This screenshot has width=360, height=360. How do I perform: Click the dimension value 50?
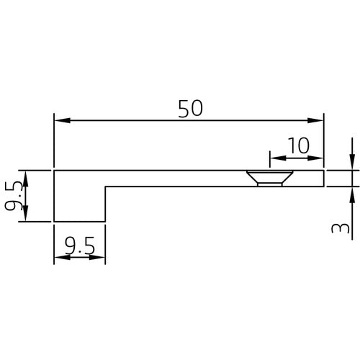tap(189, 107)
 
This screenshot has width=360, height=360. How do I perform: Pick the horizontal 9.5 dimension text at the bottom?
tap(79, 248)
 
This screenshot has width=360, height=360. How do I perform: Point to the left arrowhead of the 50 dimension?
tap(60, 120)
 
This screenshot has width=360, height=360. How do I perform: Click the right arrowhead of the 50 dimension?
tap(318, 120)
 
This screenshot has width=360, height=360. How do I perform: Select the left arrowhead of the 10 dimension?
tap(274, 157)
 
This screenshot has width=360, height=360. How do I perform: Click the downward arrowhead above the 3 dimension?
tap(351, 164)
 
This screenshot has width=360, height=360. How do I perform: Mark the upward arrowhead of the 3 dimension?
tap(351, 192)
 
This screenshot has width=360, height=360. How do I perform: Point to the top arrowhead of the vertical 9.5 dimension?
tap(26, 176)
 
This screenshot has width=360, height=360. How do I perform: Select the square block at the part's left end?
tap(79, 196)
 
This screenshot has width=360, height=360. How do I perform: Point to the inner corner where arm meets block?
tap(106, 186)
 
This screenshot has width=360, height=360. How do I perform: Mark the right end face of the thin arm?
tap(324, 178)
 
